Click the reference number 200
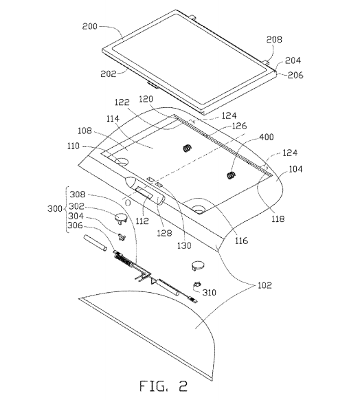pos(90,26)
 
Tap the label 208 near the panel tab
pos(274,40)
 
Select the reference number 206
pos(295,75)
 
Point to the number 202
pos(109,74)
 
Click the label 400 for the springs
pos(267,137)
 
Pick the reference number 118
pos(278,219)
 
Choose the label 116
pos(241,241)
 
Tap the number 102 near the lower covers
pos(265,285)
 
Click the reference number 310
pos(210,292)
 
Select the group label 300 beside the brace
pos(55,208)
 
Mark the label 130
pos(184,245)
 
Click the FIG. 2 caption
pos(164,386)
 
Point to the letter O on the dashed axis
pos(128,203)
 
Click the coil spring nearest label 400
pos(232,175)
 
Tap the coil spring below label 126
pos(188,148)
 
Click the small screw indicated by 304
pos(122,237)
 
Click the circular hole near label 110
pos(122,162)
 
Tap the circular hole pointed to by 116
pos(198,210)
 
